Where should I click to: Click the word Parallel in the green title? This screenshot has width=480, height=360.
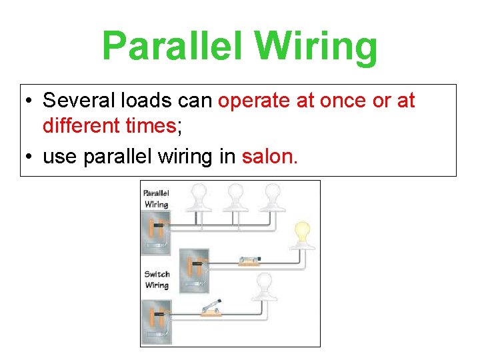(174, 47)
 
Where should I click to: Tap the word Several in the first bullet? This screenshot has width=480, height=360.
(79, 101)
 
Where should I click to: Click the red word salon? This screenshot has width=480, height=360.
(270, 157)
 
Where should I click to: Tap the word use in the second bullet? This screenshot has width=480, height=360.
(56, 157)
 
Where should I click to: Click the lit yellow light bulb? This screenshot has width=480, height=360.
(302, 235)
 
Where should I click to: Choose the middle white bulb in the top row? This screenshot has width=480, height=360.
(235, 197)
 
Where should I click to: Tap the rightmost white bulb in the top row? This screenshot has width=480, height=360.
(272, 197)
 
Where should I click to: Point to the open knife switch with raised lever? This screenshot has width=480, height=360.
(211, 307)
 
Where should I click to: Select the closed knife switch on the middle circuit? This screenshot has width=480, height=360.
(247, 261)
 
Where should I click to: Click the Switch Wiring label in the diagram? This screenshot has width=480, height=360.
(157, 280)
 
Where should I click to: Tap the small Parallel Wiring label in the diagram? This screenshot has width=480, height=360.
(157, 199)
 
